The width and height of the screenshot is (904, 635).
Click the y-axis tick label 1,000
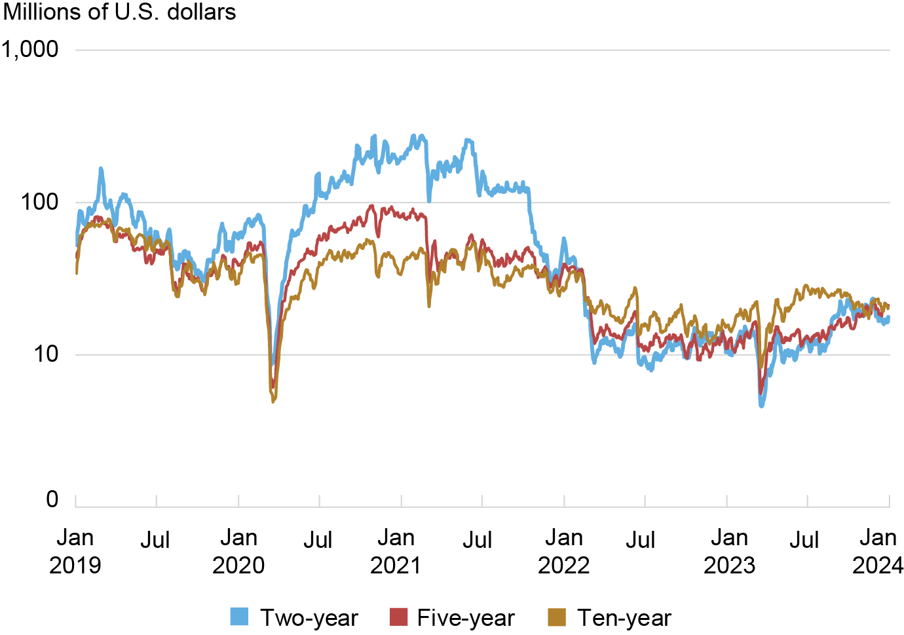coord(30,49)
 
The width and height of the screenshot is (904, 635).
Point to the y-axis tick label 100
coord(39,202)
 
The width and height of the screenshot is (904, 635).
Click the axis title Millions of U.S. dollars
coord(119,12)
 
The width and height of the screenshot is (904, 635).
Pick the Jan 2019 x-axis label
coord(75,551)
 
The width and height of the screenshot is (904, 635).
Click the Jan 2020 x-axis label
coord(238,551)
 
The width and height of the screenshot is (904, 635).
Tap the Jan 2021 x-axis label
coord(396,551)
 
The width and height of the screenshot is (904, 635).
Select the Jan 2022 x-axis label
coord(564,551)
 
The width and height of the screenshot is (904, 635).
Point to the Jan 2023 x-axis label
coord(729,551)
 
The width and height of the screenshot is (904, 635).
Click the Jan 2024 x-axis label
coord(878,551)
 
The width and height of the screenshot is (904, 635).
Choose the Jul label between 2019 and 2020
coord(155,540)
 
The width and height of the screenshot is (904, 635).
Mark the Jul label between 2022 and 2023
coord(641,540)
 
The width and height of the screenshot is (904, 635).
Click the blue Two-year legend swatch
coord(240,617)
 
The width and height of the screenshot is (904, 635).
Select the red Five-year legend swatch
coord(399,617)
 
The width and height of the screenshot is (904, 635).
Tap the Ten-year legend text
coord(624,618)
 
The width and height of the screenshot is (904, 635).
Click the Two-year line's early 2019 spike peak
coord(101,169)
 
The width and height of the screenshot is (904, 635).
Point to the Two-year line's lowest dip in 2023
coord(761,406)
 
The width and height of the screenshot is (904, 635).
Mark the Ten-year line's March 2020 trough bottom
coord(273,400)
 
